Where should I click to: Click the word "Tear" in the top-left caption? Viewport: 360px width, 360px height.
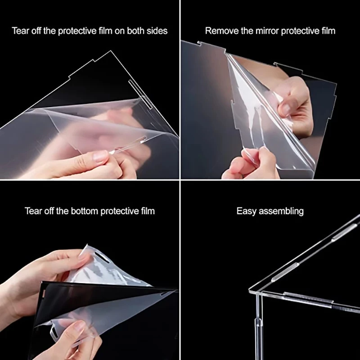click(20, 31)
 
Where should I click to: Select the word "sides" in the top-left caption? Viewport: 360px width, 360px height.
click(157, 31)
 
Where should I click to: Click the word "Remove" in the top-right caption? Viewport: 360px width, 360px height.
click(219, 31)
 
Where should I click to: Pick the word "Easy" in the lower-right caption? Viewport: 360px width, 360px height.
click(246, 211)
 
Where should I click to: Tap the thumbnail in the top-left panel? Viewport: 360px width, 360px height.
click(100, 155)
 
